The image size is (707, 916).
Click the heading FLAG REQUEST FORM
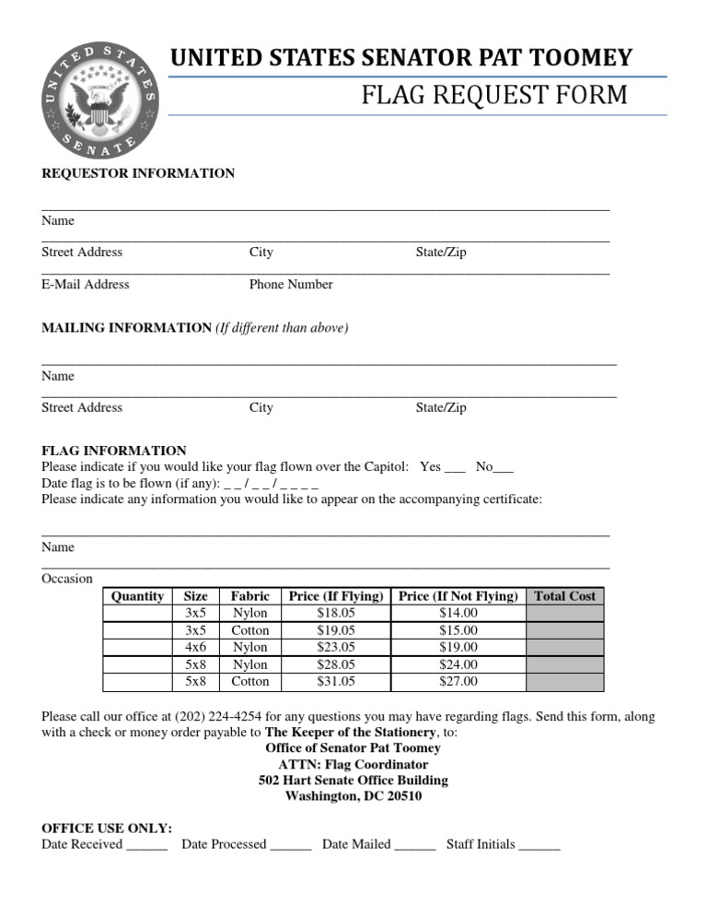pyautogui.click(x=495, y=95)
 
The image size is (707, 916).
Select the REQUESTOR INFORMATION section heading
pyautogui.click(x=138, y=173)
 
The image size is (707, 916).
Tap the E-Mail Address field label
pyautogui.click(x=86, y=285)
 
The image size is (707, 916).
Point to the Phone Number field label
pyautogui.click(x=291, y=285)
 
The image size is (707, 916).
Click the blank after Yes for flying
pyautogui.click(x=456, y=468)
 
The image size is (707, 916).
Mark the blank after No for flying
pyautogui.click(x=504, y=468)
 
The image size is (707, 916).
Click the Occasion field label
pyautogui.click(x=67, y=579)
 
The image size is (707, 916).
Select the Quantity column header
pyautogui.click(x=137, y=596)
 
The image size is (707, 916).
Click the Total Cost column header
pyautogui.click(x=565, y=596)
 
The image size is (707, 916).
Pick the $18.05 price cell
pyautogui.click(x=335, y=613)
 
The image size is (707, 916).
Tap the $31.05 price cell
pyautogui.click(x=335, y=682)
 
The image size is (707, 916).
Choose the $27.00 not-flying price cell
pyautogui.click(x=458, y=682)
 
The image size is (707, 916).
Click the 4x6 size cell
pyautogui.click(x=195, y=647)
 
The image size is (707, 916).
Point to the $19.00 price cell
pyautogui.click(x=458, y=647)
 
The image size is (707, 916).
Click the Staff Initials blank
pyautogui.click(x=539, y=845)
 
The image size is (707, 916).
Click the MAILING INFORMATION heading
pyautogui.click(x=126, y=328)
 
